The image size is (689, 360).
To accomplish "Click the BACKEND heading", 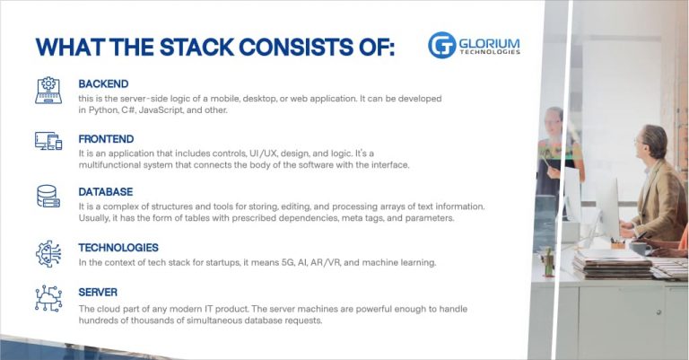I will tap(105, 83).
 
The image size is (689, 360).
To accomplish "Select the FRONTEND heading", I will tap(106, 139).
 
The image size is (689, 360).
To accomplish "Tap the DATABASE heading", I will tap(106, 192).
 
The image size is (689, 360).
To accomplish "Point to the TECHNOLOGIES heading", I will tap(118, 248).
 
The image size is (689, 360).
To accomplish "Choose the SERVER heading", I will tap(99, 293).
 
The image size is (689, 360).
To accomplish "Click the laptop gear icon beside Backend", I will tap(48, 91).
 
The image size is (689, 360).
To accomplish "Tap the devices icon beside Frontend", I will tap(48, 141).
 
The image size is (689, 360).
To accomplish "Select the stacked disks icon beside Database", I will tap(48, 196).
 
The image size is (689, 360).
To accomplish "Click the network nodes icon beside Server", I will tap(48, 298).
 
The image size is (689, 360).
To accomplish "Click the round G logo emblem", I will tap(442, 45).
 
